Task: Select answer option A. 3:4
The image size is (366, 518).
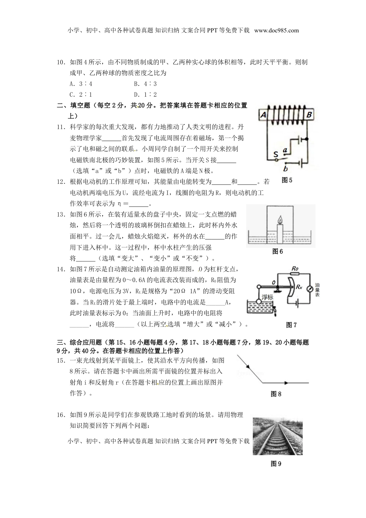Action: [x=81, y=84]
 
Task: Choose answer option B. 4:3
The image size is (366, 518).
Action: [x=145, y=84]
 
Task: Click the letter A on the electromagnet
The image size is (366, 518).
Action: [x=264, y=114]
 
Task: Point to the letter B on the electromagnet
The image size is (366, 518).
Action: [x=309, y=114]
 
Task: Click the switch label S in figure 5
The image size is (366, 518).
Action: [x=275, y=155]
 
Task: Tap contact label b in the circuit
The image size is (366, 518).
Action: [x=285, y=168]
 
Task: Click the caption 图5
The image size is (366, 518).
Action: [x=287, y=180]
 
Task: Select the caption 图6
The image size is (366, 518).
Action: [x=277, y=251]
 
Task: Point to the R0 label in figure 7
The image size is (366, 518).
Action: [x=295, y=268]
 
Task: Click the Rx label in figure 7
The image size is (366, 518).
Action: [x=299, y=287]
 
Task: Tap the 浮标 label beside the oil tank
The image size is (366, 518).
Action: [x=267, y=297]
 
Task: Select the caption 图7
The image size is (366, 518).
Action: [x=291, y=325]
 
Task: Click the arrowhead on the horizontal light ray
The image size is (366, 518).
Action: [x=286, y=383]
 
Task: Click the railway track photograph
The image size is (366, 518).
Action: [x=277, y=436]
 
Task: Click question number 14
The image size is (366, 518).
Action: [x=61, y=269]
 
